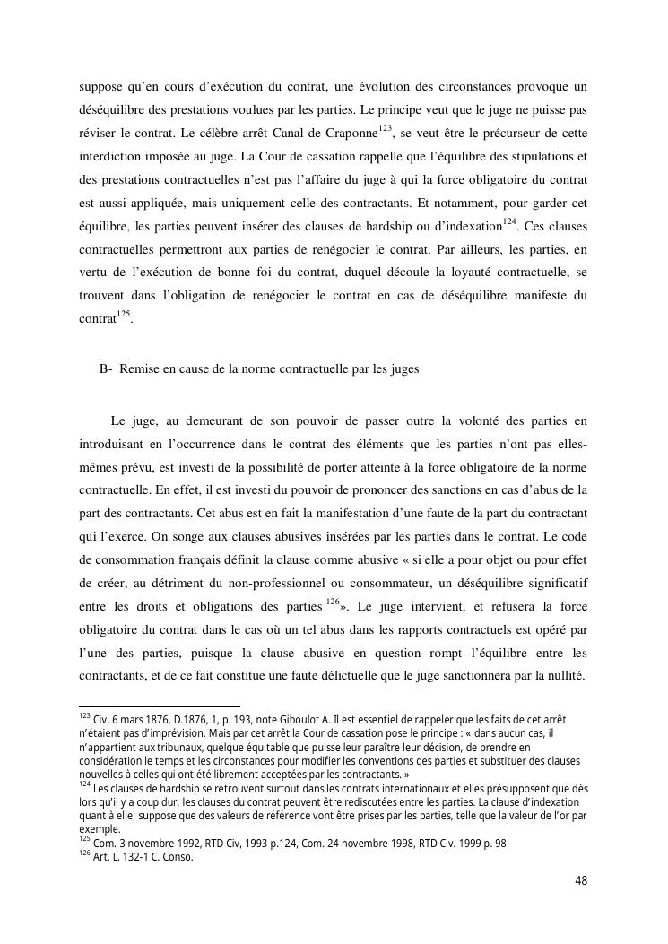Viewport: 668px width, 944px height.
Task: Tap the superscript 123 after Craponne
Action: [386, 129]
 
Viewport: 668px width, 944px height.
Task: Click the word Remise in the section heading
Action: [140, 369]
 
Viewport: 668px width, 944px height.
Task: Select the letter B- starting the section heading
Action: [106, 369]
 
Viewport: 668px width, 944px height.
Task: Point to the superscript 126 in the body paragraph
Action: [333, 602]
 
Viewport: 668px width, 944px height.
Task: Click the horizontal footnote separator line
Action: [160, 706]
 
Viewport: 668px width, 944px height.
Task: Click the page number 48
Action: [580, 880]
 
